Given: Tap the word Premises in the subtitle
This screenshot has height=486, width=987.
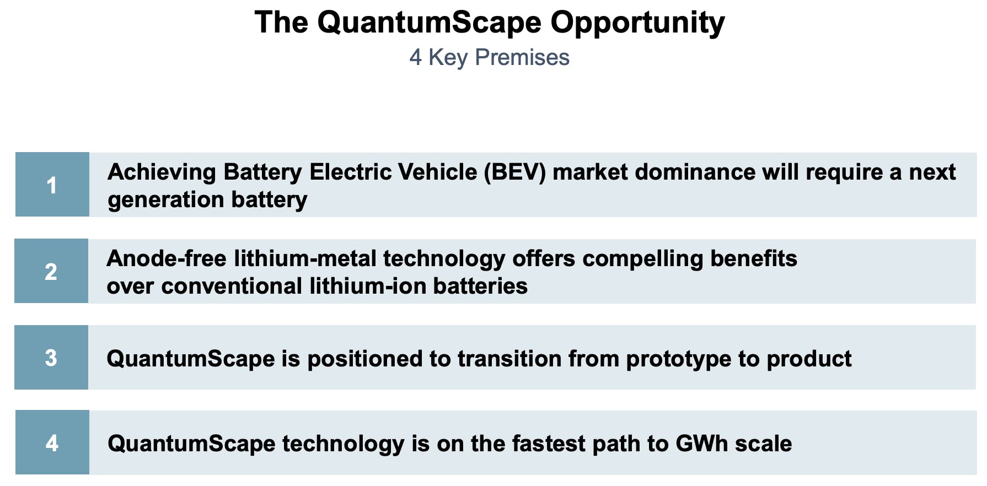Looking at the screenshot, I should [x=522, y=58].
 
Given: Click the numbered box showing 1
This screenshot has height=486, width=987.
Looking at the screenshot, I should [x=52, y=185].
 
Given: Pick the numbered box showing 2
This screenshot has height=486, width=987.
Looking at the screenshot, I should [x=51, y=271].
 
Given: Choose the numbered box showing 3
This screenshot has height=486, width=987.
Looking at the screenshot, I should [x=51, y=358].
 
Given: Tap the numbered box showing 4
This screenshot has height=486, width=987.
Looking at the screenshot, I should [x=52, y=442].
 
